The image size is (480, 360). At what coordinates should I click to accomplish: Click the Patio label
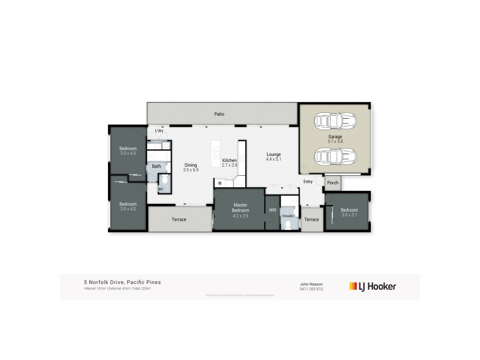(x=220, y=113)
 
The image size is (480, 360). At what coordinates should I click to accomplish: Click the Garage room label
(x=335, y=137)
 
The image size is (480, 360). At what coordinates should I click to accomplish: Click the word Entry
(x=308, y=181)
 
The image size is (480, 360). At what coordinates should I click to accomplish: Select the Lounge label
(x=274, y=155)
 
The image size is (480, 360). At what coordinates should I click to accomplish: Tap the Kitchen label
(x=230, y=160)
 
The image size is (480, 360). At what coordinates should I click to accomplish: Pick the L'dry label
(x=159, y=131)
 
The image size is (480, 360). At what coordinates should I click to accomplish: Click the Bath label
(x=156, y=166)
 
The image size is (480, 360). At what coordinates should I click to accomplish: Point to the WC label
(x=160, y=189)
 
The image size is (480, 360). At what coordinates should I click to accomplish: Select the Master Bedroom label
(x=240, y=205)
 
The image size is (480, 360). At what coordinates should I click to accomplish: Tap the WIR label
(x=272, y=210)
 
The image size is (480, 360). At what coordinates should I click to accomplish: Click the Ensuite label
(x=289, y=214)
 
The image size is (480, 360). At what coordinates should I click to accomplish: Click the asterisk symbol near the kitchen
(x=220, y=183)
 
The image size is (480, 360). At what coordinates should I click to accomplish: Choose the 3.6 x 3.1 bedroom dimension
(x=349, y=215)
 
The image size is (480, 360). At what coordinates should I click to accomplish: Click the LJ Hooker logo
(x=373, y=287)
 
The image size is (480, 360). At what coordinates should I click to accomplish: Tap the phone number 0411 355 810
(x=311, y=289)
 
